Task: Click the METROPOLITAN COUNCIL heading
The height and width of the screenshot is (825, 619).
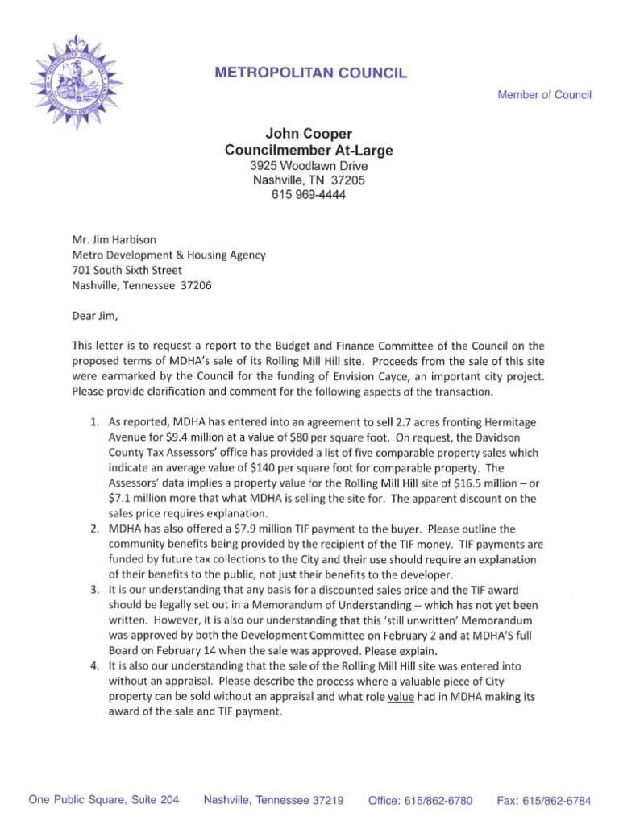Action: coord(310,73)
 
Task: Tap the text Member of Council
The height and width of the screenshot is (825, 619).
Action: coord(544,95)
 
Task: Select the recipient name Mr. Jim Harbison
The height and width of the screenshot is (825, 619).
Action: coord(114,239)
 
